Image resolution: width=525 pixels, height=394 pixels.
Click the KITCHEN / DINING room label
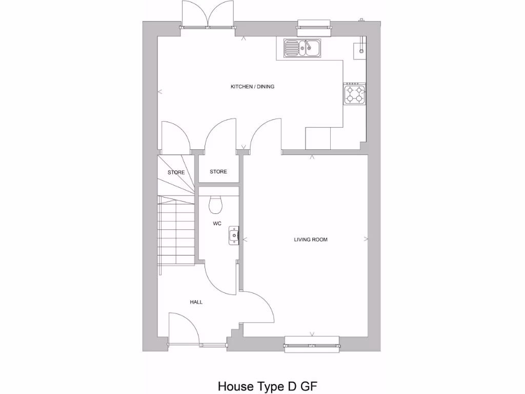[x=252, y=87]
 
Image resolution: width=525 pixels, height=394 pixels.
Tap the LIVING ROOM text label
[x=310, y=240]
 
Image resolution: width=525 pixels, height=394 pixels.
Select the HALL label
[x=196, y=302]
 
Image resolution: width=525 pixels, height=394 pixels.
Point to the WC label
[x=217, y=224]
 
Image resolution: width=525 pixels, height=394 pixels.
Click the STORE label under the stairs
[x=176, y=172]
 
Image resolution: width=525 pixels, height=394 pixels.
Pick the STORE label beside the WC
[x=218, y=172]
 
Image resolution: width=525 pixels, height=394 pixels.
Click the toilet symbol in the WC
[x=216, y=204]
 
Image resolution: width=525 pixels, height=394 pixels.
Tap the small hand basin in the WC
[x=234, y=235]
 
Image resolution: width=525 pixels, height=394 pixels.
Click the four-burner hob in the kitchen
[x=354, y=94]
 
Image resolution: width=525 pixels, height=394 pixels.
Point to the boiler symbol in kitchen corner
[x=360, y=48]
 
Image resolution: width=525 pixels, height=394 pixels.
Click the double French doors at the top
[x=207, y=14]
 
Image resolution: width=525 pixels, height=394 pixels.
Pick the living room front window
[x=312, y=344]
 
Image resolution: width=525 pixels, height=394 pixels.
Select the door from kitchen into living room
[x=265, y=134]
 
